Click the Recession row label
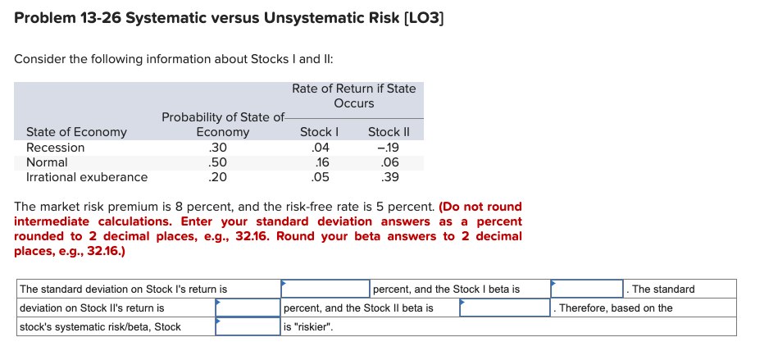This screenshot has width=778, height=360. point(56,148)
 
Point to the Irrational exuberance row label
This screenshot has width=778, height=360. point(87,177)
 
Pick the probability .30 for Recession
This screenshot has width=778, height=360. point(217,148)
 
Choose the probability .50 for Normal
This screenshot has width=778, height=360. point(217,162)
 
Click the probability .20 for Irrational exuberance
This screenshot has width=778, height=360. point(217,177)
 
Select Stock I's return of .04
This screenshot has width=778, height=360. point(320,148)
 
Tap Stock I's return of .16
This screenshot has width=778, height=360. point(321,162)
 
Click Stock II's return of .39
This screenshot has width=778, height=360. point(390,177)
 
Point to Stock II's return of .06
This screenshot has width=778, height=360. point(390,162)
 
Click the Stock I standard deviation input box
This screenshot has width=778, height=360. point(325,289)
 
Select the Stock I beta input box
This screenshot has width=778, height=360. point(587,289)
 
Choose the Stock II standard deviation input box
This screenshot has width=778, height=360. point(248,308)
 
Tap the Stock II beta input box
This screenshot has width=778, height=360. point(505,308)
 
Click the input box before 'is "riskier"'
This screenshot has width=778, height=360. point(248,327)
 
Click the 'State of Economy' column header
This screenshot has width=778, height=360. point(76,132)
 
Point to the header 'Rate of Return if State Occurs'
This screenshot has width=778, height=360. point(353,96)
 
